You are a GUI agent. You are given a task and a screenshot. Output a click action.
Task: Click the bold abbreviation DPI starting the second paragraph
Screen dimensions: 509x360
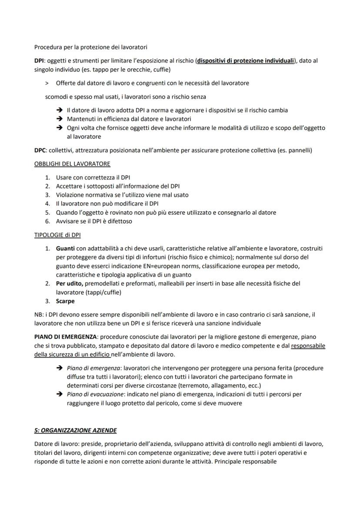39,60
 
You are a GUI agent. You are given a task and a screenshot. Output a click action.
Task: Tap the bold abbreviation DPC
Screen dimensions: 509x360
40,150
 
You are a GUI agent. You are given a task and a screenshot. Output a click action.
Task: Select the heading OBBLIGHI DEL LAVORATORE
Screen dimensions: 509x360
72,164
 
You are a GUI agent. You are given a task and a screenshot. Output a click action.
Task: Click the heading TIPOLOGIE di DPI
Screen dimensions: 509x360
57,235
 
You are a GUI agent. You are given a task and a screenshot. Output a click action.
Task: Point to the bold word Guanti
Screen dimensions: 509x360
65,248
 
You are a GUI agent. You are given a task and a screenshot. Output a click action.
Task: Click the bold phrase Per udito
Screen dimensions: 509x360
69,283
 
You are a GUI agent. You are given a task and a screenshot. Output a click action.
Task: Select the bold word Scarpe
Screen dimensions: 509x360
65,301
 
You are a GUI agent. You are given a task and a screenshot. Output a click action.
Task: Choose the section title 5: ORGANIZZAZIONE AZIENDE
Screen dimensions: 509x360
76,430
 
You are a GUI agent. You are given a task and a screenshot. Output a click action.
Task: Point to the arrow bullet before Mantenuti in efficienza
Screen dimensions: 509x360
60,119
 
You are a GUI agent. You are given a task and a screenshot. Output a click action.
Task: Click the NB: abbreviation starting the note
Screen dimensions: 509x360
39,314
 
